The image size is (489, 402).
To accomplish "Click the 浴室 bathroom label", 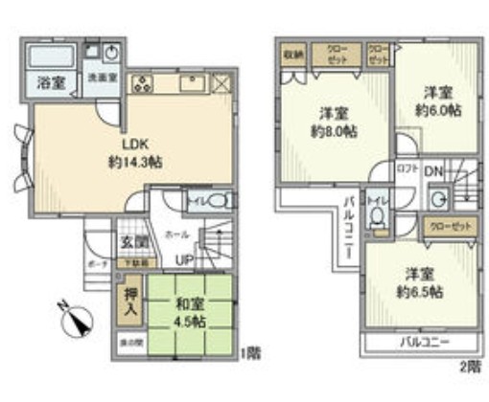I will tap(51, 83).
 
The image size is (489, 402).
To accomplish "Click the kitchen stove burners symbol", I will tap(143, 83).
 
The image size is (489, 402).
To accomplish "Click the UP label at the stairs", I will tap(181, 259).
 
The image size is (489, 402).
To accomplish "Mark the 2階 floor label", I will tap(471, 364).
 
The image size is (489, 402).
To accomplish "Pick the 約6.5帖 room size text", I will tap(421, 280).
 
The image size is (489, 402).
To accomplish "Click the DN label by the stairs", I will tap(432, 171).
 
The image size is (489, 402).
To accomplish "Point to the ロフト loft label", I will tap(407, 170).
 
